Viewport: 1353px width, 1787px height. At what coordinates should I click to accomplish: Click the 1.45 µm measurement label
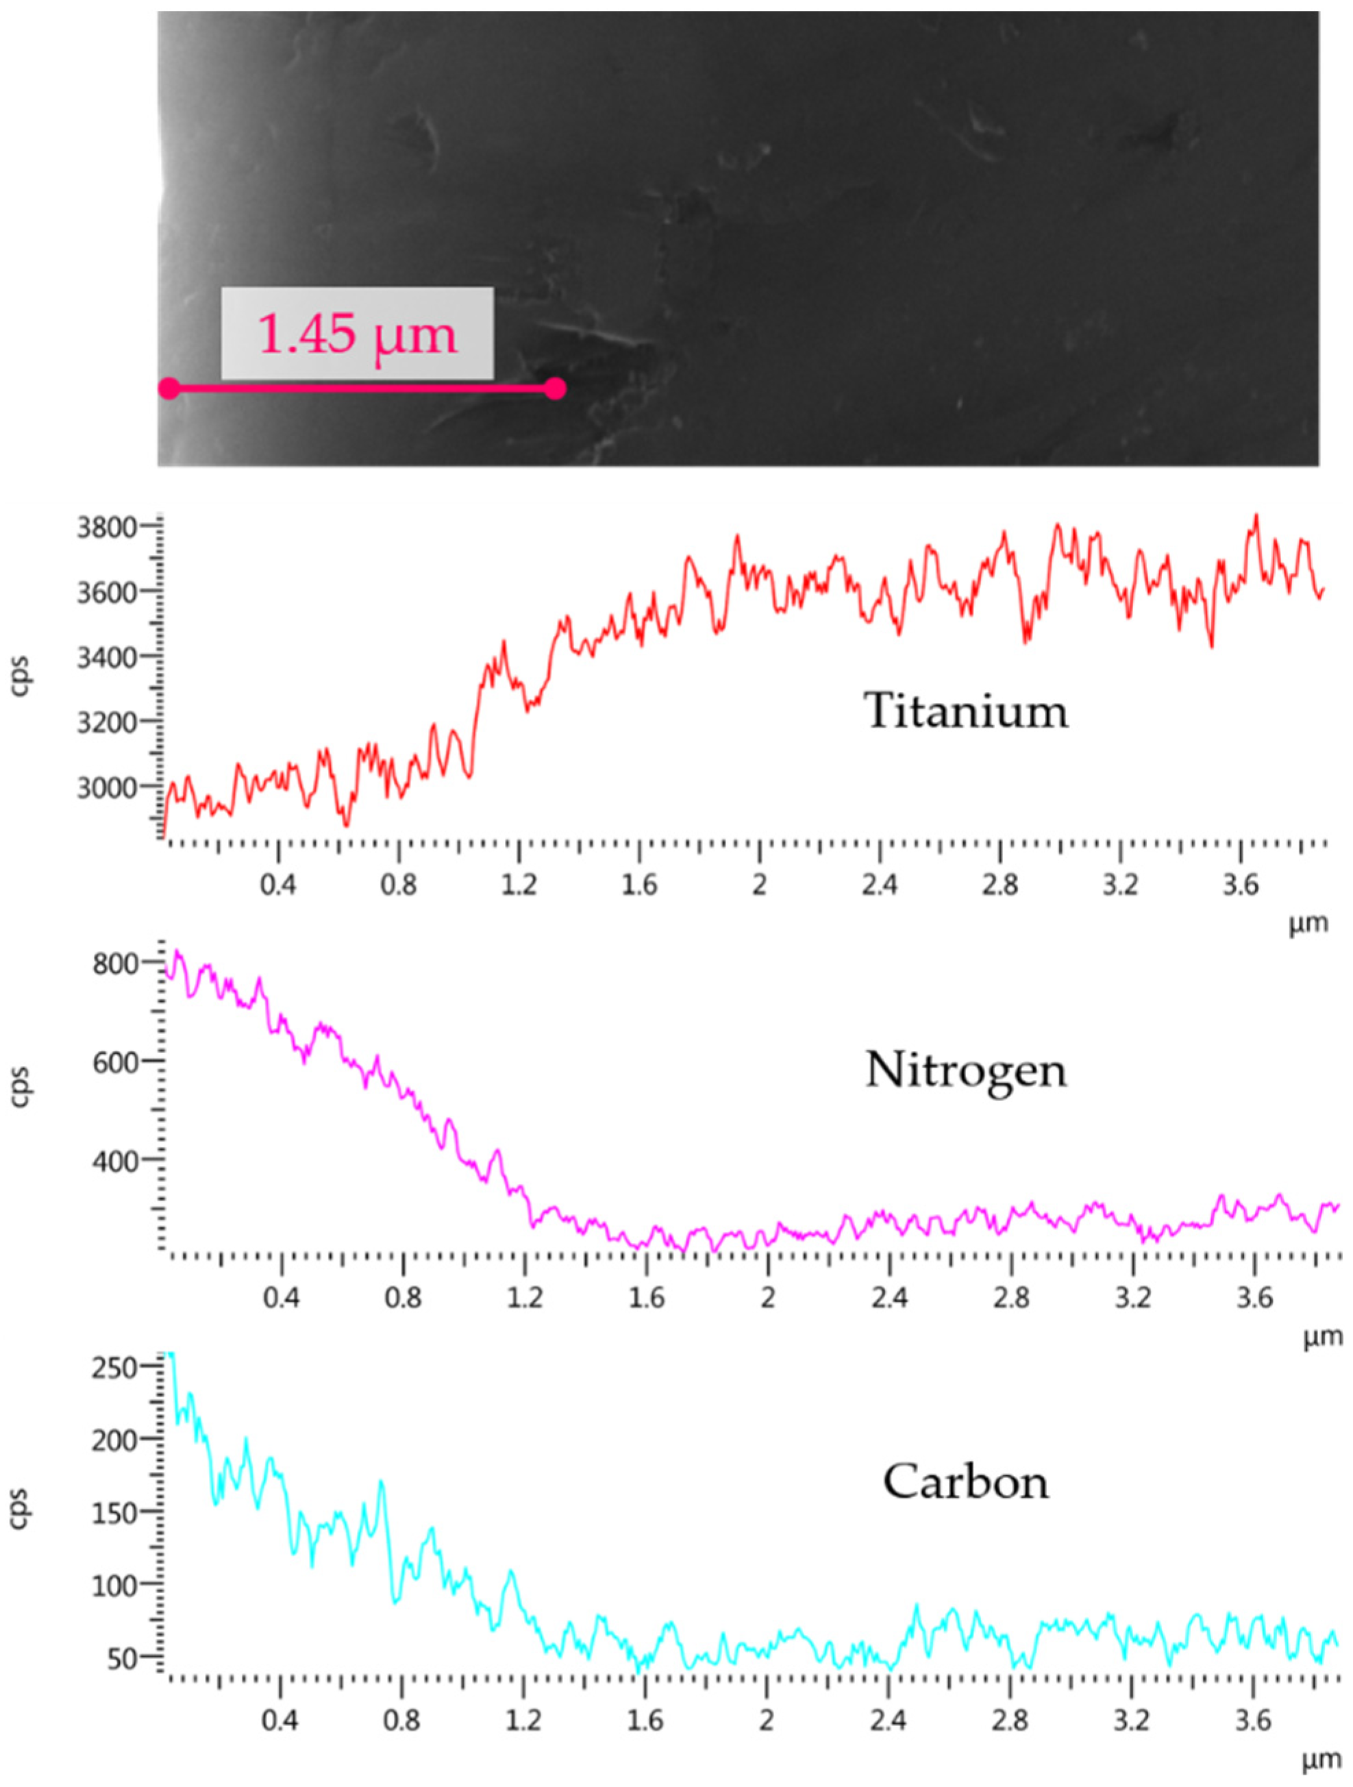click(357, 333)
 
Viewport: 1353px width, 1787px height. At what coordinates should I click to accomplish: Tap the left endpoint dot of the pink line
click(169, 389)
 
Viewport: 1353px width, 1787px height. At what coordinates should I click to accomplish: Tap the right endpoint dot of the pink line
click(554, 389)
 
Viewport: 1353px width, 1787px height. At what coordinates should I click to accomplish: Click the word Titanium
click(966, 711)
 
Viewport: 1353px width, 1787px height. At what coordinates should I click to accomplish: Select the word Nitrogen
click(966, 1070)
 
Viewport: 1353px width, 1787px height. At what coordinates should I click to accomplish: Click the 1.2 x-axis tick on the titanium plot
click(519, 885)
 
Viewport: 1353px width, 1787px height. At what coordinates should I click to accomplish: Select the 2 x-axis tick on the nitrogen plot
click(767, 1298)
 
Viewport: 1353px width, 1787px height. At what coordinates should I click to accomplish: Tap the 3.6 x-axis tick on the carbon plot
click(1254, 1721)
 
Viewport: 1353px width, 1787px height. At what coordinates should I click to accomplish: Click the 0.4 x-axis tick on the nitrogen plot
click(280, 1298)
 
